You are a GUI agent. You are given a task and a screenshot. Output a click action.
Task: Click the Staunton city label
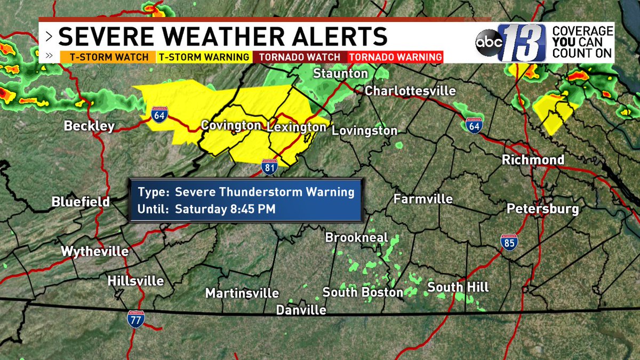(341, 74)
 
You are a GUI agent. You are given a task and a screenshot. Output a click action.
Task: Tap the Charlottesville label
(410, 91)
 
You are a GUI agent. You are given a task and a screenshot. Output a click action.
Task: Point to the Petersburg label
(542, 209)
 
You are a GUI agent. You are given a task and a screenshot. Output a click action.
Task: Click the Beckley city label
(89, 126)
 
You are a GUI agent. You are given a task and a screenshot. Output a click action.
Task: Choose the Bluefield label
(81, 202)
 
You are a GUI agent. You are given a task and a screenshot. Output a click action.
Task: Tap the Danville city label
(301, 310)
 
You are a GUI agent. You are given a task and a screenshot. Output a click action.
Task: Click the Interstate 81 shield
(269, 167)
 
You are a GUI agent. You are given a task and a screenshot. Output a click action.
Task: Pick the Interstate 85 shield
(509, 242)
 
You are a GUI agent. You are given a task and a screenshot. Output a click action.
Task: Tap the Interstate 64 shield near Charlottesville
(473, 125)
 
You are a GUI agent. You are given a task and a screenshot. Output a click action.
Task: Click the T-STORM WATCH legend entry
(105, 57)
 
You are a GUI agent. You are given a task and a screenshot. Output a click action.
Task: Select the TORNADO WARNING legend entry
(395, 57)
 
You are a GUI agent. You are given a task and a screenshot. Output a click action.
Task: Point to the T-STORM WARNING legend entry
(203, 57)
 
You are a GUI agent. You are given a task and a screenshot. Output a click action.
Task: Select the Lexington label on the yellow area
(296, 127)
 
